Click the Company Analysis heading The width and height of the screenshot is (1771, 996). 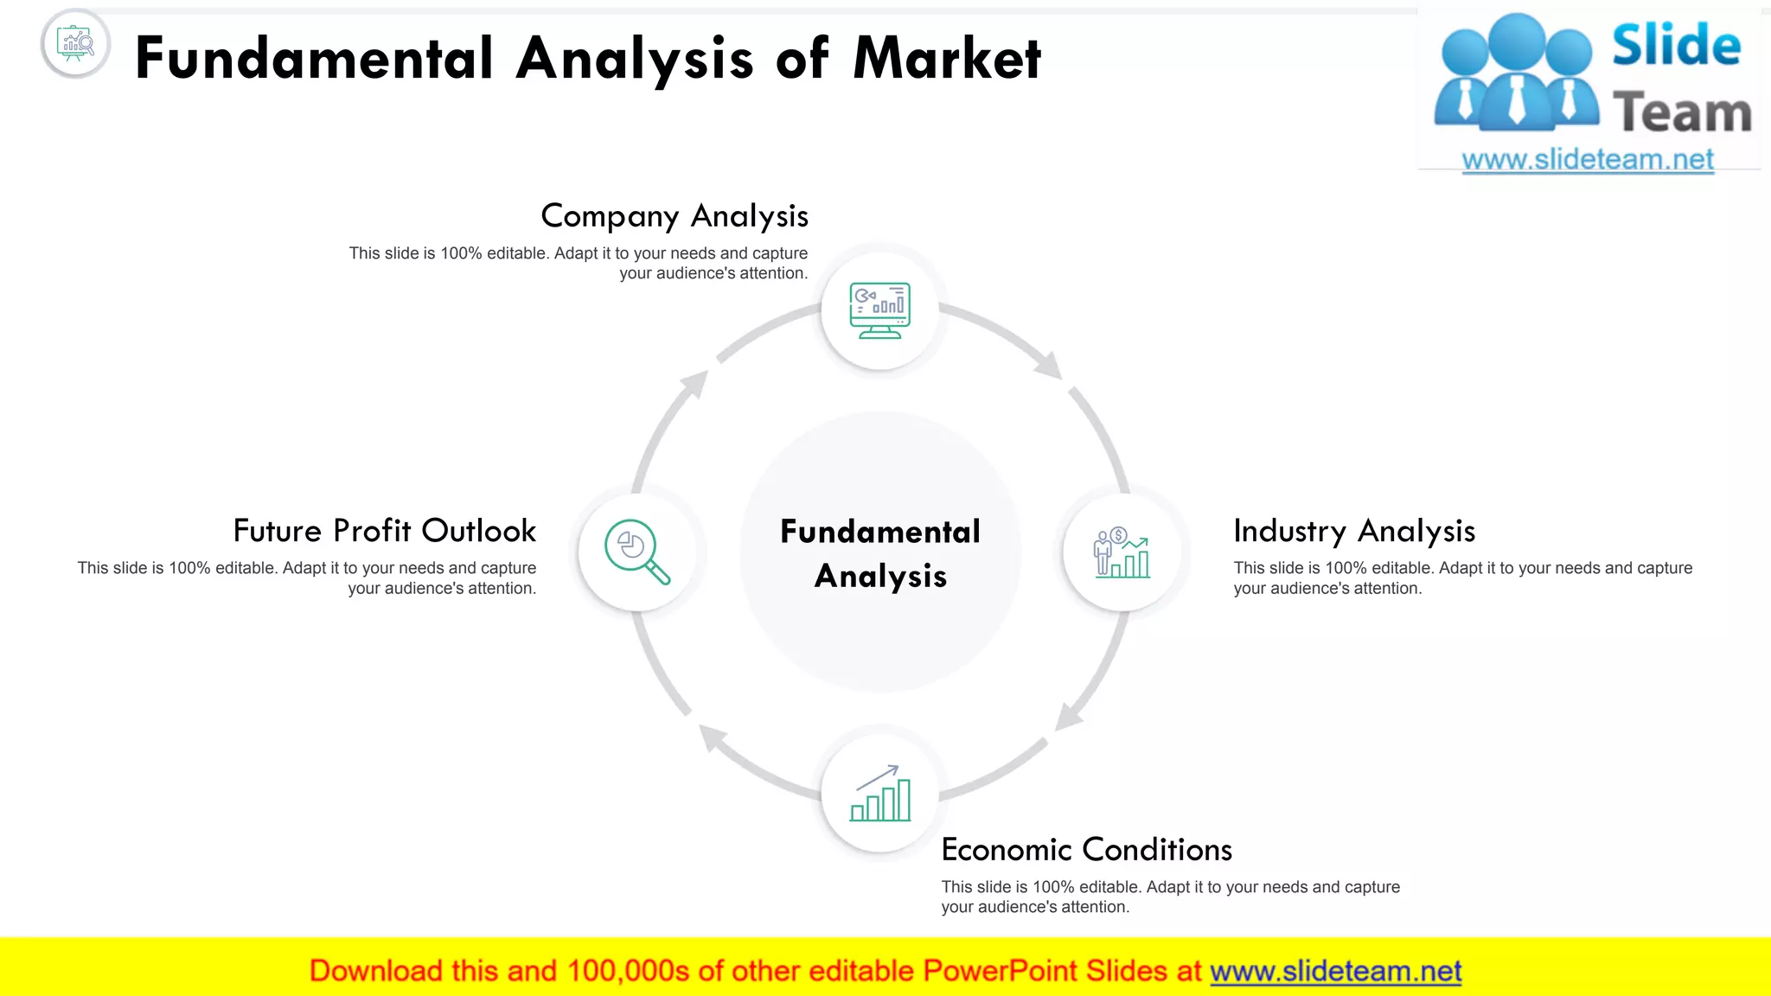(675, 216)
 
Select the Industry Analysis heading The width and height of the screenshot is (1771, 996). (1353, 531)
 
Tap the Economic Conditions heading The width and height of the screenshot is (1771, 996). (1086, 850)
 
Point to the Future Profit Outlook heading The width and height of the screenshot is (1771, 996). (385, 531)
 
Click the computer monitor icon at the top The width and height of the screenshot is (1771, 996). (879, 310)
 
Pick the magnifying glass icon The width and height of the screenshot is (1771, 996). (637, 552)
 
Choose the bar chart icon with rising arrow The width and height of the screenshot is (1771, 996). (880, 794)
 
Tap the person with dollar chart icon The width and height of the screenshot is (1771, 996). (1122, 552)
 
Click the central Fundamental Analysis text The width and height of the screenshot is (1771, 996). (880, 553)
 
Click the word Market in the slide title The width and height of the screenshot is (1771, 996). (947, 59)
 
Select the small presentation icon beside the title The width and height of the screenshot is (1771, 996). (75, 43)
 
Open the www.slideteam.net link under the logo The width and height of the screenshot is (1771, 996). (1587, 160)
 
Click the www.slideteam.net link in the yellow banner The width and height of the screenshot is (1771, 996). (1335, 971)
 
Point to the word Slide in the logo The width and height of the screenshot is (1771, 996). (1676, 45)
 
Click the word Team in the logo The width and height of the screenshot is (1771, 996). (1681, 113)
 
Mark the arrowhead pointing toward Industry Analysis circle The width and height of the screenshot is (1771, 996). (1050, 366)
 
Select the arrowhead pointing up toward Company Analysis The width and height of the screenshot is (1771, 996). (694, 383)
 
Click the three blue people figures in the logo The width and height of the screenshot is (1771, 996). (1516, 73)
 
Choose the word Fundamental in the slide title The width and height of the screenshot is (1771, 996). (314, 59)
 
